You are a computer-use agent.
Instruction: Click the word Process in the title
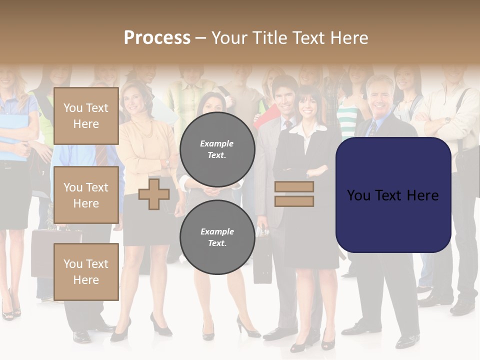coord(157,38)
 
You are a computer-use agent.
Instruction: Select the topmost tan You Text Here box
coord(86,116)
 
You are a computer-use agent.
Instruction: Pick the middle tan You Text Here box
coord(86,195)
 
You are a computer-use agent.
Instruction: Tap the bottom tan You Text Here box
coord(86,272)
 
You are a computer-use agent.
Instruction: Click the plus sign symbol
coord(154,194)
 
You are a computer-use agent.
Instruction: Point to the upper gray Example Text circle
coord(217,149)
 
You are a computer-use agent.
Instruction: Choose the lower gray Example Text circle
coord(217,237)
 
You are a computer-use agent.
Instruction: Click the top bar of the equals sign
coord(294,187)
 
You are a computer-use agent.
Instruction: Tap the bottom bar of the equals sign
coord(294,201)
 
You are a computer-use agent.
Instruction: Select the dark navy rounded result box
coord(393,195)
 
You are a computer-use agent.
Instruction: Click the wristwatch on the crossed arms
coord(447,120)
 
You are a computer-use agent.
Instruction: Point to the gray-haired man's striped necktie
coord(372,128)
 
